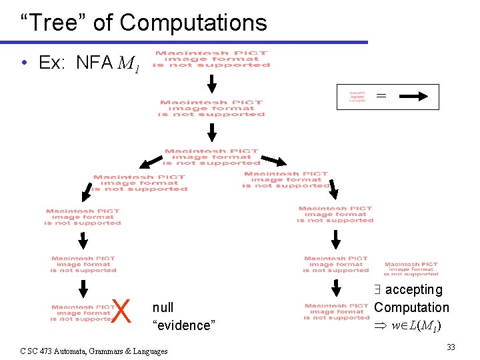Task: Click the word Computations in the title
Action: click(193, 23)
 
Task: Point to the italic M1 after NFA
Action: click(129, 65)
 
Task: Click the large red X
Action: click(121, 311)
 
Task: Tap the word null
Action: click(163, 307)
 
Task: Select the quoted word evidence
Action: click(184, 325)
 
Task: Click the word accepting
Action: click(413, 290)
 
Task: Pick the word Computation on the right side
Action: click(411, 307)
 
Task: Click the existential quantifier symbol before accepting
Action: click(377, 290)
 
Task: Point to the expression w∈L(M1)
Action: click(419, 326)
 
